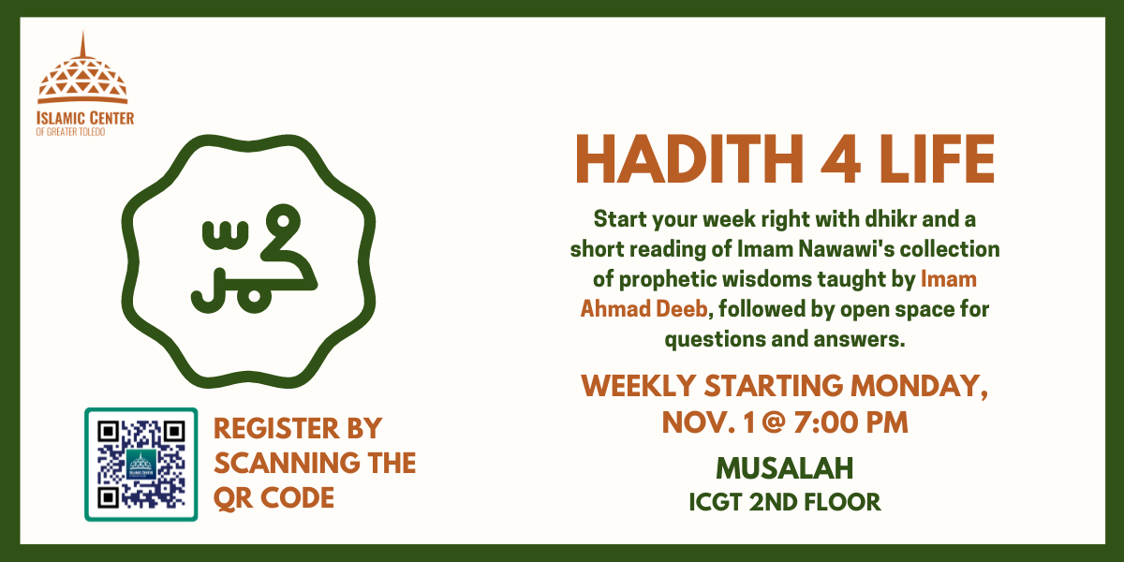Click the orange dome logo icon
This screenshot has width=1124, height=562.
pyautogui.click(x=82, y=70)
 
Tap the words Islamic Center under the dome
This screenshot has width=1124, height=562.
pyautogui.click(x=85, y=118)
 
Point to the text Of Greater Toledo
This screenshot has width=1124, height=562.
pyautogui.click(x=71, y=132)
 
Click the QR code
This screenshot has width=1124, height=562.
pyautogui.click(x=141, y=465)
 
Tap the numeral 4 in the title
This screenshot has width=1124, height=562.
pyautogui.click(x=841, y=159)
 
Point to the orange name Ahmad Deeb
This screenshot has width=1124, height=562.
pyautogui.click(x=643, y=308)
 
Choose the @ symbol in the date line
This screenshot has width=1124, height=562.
pyautogui.click(x=774, y=422)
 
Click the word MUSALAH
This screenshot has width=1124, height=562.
pyautogui.click(x=785, y=468)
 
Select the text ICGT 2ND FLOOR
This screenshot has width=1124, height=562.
pyautogui.click(x=785, y=502)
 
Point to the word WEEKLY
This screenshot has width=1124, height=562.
pyautogui.click(x=638, y=386)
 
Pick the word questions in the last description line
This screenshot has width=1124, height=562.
pyautogui.click(x=715, y=340)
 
